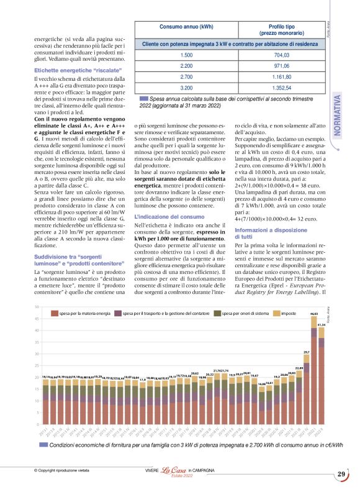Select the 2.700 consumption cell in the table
[186, 76]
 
